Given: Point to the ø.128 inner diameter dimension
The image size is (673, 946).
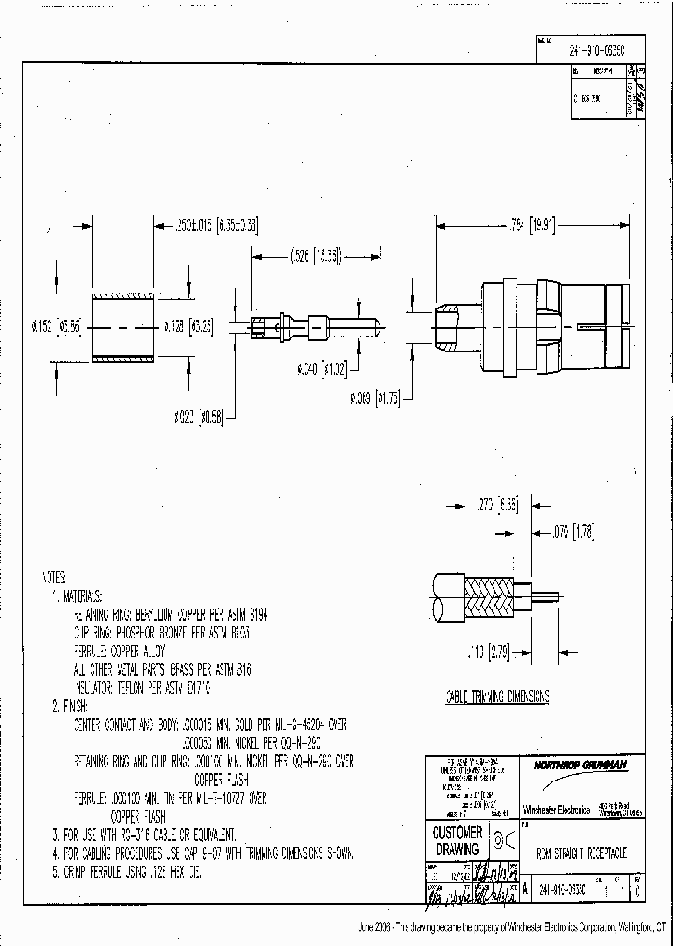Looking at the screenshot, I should click(x=191, y=326).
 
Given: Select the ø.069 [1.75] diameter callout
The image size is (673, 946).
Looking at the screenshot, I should click(x=376, y=397).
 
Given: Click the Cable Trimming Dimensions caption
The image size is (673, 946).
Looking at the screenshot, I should click(x=495, y=696).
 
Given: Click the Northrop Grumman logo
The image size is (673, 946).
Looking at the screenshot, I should click(x=580, y=765).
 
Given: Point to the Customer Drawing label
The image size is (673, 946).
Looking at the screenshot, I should click(x=458, y=840).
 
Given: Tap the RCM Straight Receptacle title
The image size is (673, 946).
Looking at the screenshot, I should click(x=581, y=854).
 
